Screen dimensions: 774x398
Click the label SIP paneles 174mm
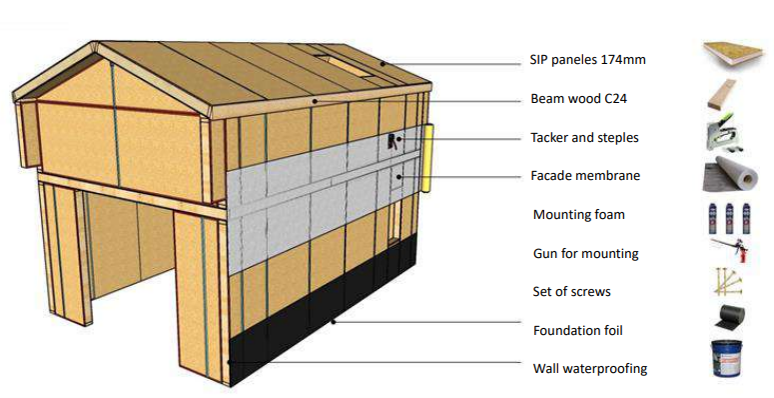point(587,60)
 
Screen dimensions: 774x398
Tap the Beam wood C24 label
point(578,99)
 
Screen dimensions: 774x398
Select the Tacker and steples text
point(584,137)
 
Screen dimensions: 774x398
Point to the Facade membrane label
point(585,176)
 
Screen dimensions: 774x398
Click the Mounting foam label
point(579,215)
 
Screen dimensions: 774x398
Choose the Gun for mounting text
point(586,254)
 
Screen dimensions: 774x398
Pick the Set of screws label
point(571,292)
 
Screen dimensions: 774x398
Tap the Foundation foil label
point(578,330)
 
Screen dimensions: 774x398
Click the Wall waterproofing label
point(590,369)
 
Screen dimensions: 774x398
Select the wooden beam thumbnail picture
point(723,94)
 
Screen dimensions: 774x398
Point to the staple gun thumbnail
point(725,133)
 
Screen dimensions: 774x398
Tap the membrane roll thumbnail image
point(730,174)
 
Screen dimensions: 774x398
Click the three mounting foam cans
point(729,218)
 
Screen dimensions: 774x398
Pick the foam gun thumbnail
point(730,250)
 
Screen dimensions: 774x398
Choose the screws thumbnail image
point(728,282)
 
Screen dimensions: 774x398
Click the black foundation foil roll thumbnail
point(729,316)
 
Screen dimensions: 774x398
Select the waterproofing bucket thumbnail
point(728,358)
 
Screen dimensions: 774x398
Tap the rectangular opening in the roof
point(345,66)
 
